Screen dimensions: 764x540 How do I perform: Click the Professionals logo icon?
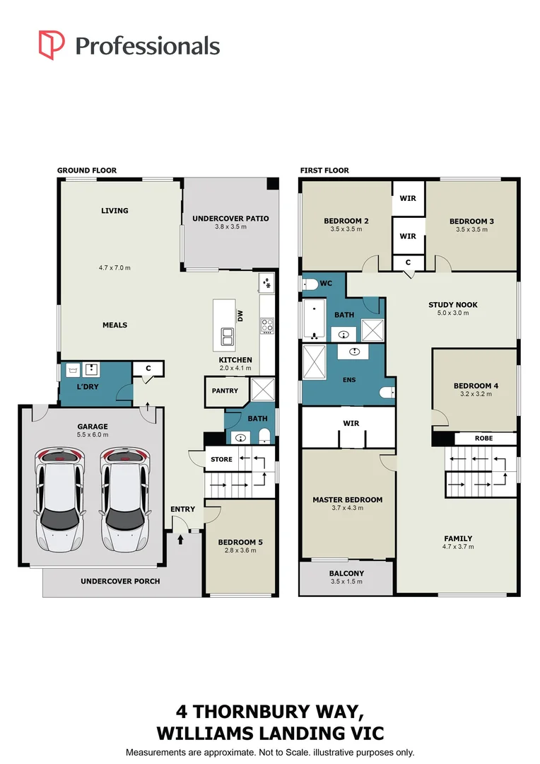click(52, 45)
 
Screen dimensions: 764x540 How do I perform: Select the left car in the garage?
click(59, 499)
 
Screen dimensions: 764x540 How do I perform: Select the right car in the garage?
click(124, 499)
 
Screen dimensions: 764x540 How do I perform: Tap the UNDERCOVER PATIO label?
click(230, 219)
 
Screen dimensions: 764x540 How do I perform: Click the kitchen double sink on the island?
click(228, 337)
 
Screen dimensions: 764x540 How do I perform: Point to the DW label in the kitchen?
click(240, 316)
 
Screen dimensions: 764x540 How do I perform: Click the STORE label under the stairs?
click(221, 460)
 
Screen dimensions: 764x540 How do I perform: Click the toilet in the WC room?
click(310, 284)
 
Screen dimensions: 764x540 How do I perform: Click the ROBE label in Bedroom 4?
click(484, 439)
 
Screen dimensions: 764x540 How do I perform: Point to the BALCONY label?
click(346, 574)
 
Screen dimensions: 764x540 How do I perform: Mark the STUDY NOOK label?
click(453, 305)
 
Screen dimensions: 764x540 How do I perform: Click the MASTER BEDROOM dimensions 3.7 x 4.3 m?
click(347, 509)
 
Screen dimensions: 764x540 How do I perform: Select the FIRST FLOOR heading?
click(324, 170)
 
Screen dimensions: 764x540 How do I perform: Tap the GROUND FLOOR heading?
click(87, 170)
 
